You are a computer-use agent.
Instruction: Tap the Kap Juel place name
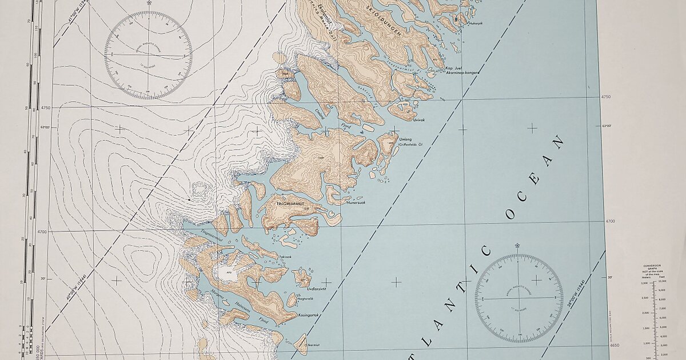click(453, 68)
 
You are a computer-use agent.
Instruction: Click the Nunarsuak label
click(355, 202)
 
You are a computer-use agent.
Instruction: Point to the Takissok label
click(285, 257)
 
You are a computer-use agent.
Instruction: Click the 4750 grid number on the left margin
click(46, 107)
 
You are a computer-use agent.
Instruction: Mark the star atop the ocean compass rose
click(517, 245)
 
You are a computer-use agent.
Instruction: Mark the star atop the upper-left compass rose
click(149, 3)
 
